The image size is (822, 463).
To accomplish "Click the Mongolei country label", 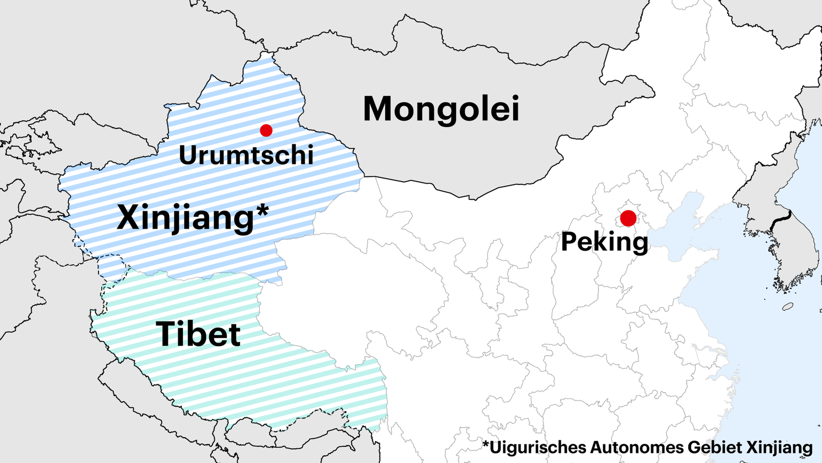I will [441, 109].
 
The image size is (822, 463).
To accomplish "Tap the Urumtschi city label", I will [246, 155].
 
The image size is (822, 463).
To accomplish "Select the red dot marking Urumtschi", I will [266, 130].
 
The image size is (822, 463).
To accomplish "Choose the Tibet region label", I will [198, 334].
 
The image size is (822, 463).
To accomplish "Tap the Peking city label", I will [604, 242].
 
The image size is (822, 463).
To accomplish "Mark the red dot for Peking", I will [628, 218].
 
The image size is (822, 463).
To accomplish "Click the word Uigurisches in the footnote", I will [538, 447].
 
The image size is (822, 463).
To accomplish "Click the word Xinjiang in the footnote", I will [780, 447].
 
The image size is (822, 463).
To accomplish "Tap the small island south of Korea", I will [788, 306].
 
